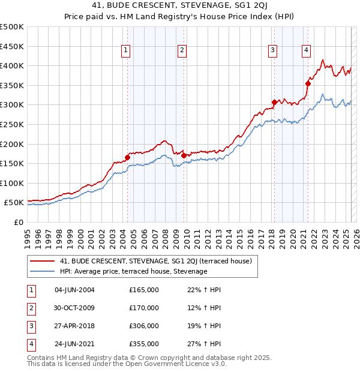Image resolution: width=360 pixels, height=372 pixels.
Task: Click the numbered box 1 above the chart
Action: point(126,51)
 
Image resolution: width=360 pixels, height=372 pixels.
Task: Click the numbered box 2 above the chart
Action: point(181,51)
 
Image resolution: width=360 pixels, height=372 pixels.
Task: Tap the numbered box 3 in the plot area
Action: point(272,51)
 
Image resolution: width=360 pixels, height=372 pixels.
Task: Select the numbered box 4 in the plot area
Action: point(306,51)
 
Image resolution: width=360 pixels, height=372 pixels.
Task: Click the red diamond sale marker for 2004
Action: point(127,158)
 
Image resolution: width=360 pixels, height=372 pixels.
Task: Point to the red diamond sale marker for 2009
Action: point(184,155)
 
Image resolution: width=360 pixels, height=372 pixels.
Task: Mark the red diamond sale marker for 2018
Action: point(274,103)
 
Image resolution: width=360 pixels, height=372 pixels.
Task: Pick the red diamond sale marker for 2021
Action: point(308,83)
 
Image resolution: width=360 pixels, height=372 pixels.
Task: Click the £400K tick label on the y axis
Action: point(12,66)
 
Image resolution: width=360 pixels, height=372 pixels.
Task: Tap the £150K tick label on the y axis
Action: point(12,163)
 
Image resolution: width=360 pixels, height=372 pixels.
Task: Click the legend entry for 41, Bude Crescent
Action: point(159,261)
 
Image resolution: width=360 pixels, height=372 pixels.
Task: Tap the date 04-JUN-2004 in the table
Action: point(74,290)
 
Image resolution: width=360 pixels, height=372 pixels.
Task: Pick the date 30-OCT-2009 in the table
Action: point(74,308)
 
